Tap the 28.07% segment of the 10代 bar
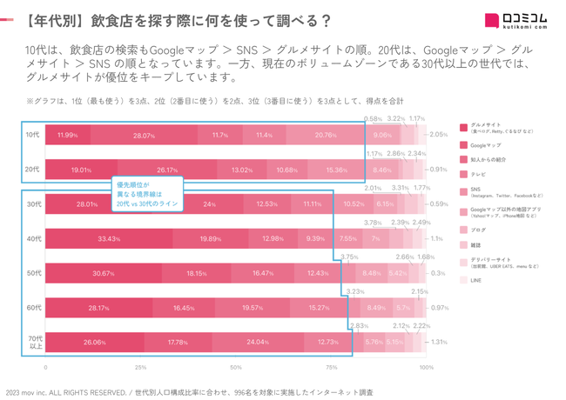coord(144,136)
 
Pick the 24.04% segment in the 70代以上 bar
coord(258,342)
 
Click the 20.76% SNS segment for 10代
coord(325,136)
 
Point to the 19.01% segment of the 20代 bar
coord(80,170)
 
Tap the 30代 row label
coord(32,204)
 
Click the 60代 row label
coord(32,307)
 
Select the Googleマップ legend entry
coord(486,145)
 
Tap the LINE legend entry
coord(475,280)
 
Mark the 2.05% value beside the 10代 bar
coord(437,136)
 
